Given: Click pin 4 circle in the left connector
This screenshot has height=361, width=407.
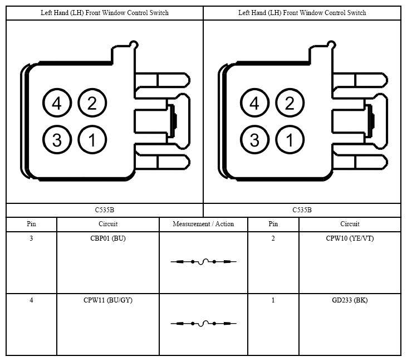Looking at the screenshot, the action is [x=57, y=103].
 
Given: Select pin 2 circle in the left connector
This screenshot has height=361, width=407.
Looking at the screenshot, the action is [x=92, y=103].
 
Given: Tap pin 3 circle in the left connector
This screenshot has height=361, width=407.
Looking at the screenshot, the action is [x=57, y=140].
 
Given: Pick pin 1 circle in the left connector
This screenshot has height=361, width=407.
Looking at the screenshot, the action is [x=92, y=140].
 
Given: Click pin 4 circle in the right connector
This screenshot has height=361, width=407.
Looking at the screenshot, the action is [x=254, y=103].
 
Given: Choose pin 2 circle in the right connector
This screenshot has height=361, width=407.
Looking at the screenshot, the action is [x=290, y=103].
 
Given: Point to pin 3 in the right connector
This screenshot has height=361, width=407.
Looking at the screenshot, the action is [x=254, y=140].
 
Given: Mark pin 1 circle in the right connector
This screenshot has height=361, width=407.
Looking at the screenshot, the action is [x=290, y=140].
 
